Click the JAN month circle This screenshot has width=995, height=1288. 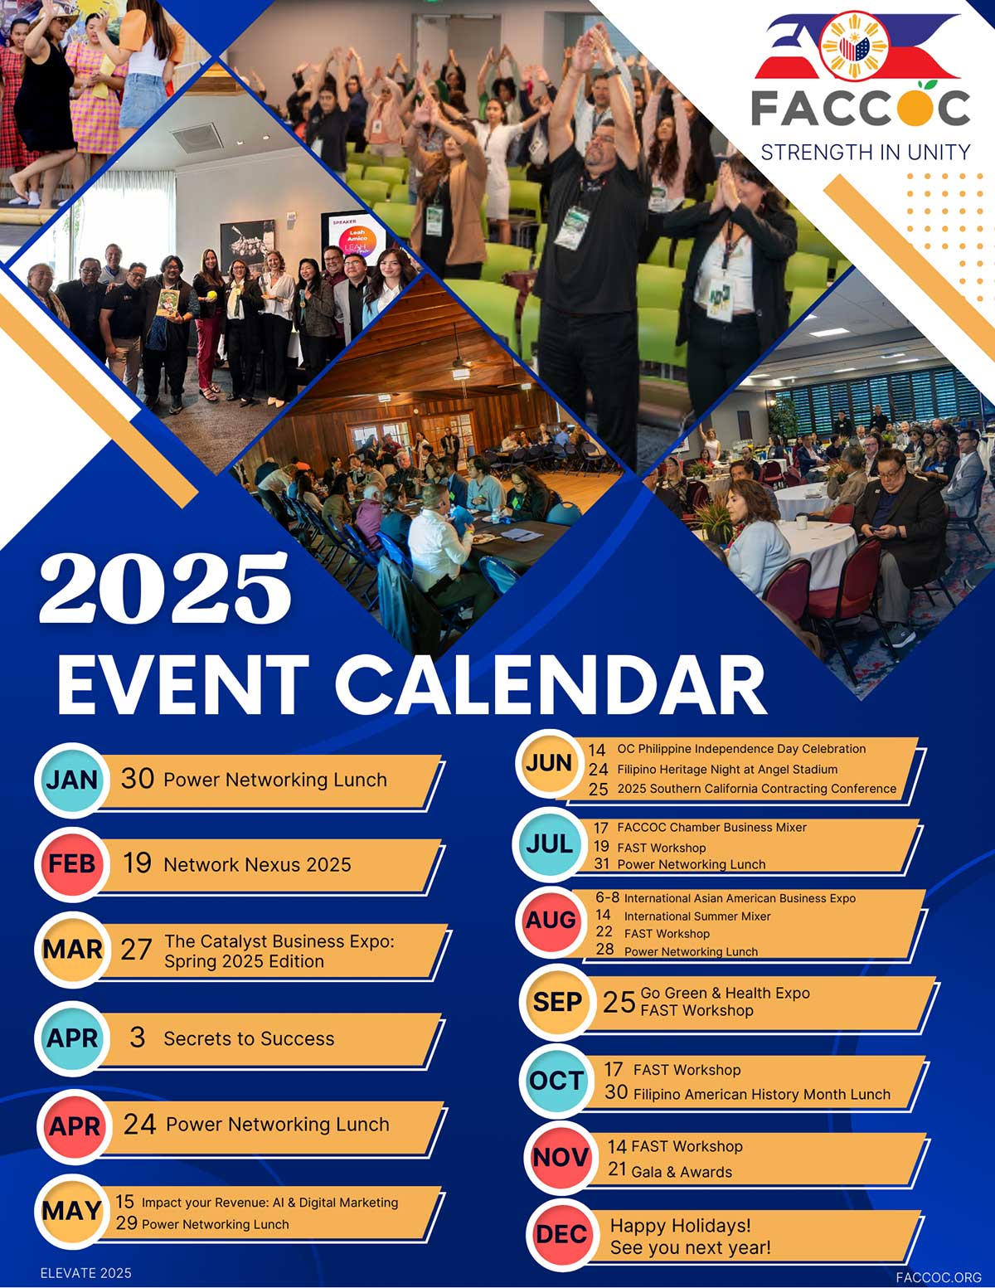pos(72,780)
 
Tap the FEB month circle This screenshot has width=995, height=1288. pos(72,863)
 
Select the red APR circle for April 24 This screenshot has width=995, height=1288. pos(75,1125)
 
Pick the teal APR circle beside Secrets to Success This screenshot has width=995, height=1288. pos(72,1038)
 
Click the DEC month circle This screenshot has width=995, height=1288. pos(561,1234)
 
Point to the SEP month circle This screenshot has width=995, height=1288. pos(557,1002)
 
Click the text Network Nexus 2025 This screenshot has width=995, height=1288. pos(257,864)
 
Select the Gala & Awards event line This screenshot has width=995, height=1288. pos(682,1172)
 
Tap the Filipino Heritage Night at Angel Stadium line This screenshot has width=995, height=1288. pos(727,770)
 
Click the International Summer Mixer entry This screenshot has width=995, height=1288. pos(697,916)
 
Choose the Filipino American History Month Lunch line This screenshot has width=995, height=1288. pos(762,1094)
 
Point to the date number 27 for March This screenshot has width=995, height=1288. pos(137,950)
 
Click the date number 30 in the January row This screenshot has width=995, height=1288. pos(138,779)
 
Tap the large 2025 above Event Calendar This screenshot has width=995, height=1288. pos(165,588)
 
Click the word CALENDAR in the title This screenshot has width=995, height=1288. pos(551,685)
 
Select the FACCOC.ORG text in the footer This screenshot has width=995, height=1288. pos(938,1277)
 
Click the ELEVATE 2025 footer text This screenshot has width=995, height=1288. pos(86,1272)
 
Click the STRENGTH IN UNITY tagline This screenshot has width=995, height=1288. pos(865,153)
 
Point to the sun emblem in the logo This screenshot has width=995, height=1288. pos(854,46)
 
